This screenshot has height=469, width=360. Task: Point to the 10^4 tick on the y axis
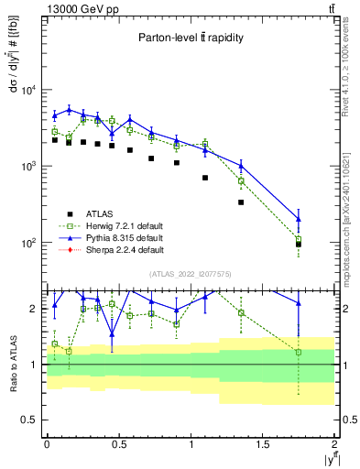click(x=28, y=90)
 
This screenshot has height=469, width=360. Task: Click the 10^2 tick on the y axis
click(x=28, y=243)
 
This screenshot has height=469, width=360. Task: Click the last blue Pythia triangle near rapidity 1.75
click(x=299, y=219)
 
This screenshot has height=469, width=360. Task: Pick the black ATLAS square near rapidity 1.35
click(x=241, y=202)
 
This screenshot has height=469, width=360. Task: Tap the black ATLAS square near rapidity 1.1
click(x=205, y=178)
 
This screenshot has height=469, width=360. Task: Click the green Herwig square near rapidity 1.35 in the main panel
click(x=241, y=180)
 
